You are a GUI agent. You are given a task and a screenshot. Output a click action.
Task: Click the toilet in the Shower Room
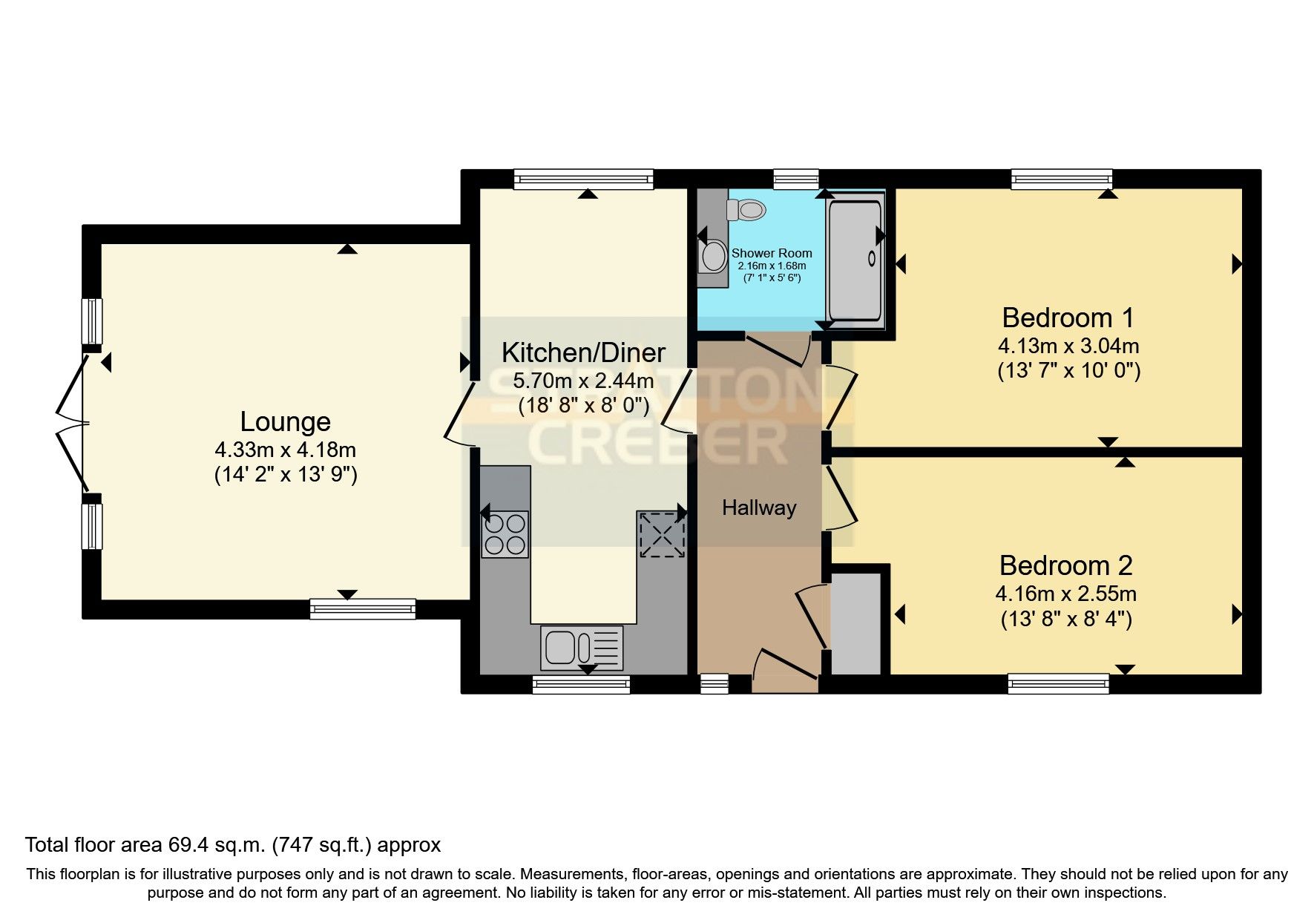click(x=748, y=210)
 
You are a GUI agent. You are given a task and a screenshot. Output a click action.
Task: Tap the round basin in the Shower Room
click(x=714, y=256)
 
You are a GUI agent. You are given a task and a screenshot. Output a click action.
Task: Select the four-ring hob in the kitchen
click(x=505, y=534)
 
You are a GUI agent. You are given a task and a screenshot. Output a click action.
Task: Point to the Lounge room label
click(x=285, y=421)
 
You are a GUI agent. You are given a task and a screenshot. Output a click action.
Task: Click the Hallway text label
click(x=759, y=508)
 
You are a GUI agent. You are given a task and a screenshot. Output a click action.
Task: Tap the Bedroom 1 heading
click(x=1067, y=318)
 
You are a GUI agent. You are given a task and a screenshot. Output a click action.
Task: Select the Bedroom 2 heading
click(x=1065, y=565)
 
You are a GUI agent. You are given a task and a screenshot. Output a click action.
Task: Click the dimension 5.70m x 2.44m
click(x=583, y=381)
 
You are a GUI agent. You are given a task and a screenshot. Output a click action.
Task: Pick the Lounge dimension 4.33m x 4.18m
click(x=285, y=450)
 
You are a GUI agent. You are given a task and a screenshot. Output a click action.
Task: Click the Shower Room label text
click(x=772, y=253)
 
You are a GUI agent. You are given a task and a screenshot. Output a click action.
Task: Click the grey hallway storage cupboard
click(x=855, y=623)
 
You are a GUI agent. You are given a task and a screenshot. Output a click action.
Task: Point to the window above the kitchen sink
click(x=581, y=684)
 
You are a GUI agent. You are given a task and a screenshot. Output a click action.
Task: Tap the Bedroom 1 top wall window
click(x=1061, y=178)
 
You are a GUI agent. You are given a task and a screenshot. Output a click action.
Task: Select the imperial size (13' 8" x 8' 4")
click(x=1065, y=619)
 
